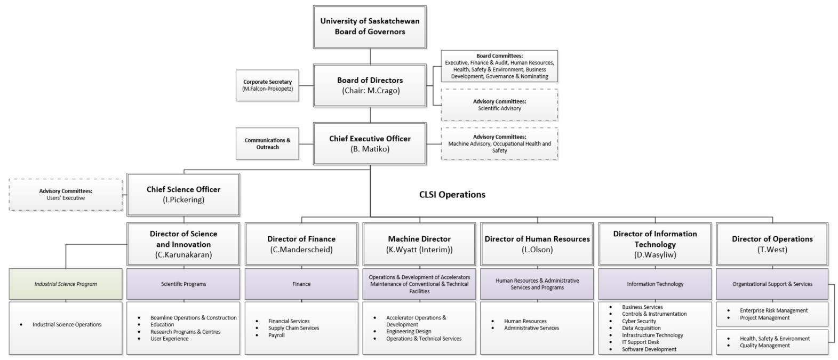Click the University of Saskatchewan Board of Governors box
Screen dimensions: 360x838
370,27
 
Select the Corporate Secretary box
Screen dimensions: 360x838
267,85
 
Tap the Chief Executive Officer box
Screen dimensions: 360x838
370,143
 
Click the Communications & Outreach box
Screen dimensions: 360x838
267,143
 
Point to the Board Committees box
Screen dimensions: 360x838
499,66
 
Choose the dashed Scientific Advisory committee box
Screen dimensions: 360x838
499,105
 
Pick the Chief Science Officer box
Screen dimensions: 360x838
183,194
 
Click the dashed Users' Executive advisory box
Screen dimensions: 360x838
66,195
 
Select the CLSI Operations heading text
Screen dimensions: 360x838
452,195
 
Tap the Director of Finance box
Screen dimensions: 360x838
301,244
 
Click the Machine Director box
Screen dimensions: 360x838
419,244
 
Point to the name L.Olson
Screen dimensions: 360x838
537,250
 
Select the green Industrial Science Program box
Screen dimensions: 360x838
66,284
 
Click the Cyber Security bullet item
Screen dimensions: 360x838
639,321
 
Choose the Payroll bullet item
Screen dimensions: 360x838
276,335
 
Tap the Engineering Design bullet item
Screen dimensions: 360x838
409,331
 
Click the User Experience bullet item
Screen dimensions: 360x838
169,339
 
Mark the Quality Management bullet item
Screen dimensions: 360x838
764,346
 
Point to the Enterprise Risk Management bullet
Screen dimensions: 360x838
773,310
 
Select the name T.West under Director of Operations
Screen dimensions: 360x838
772,250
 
